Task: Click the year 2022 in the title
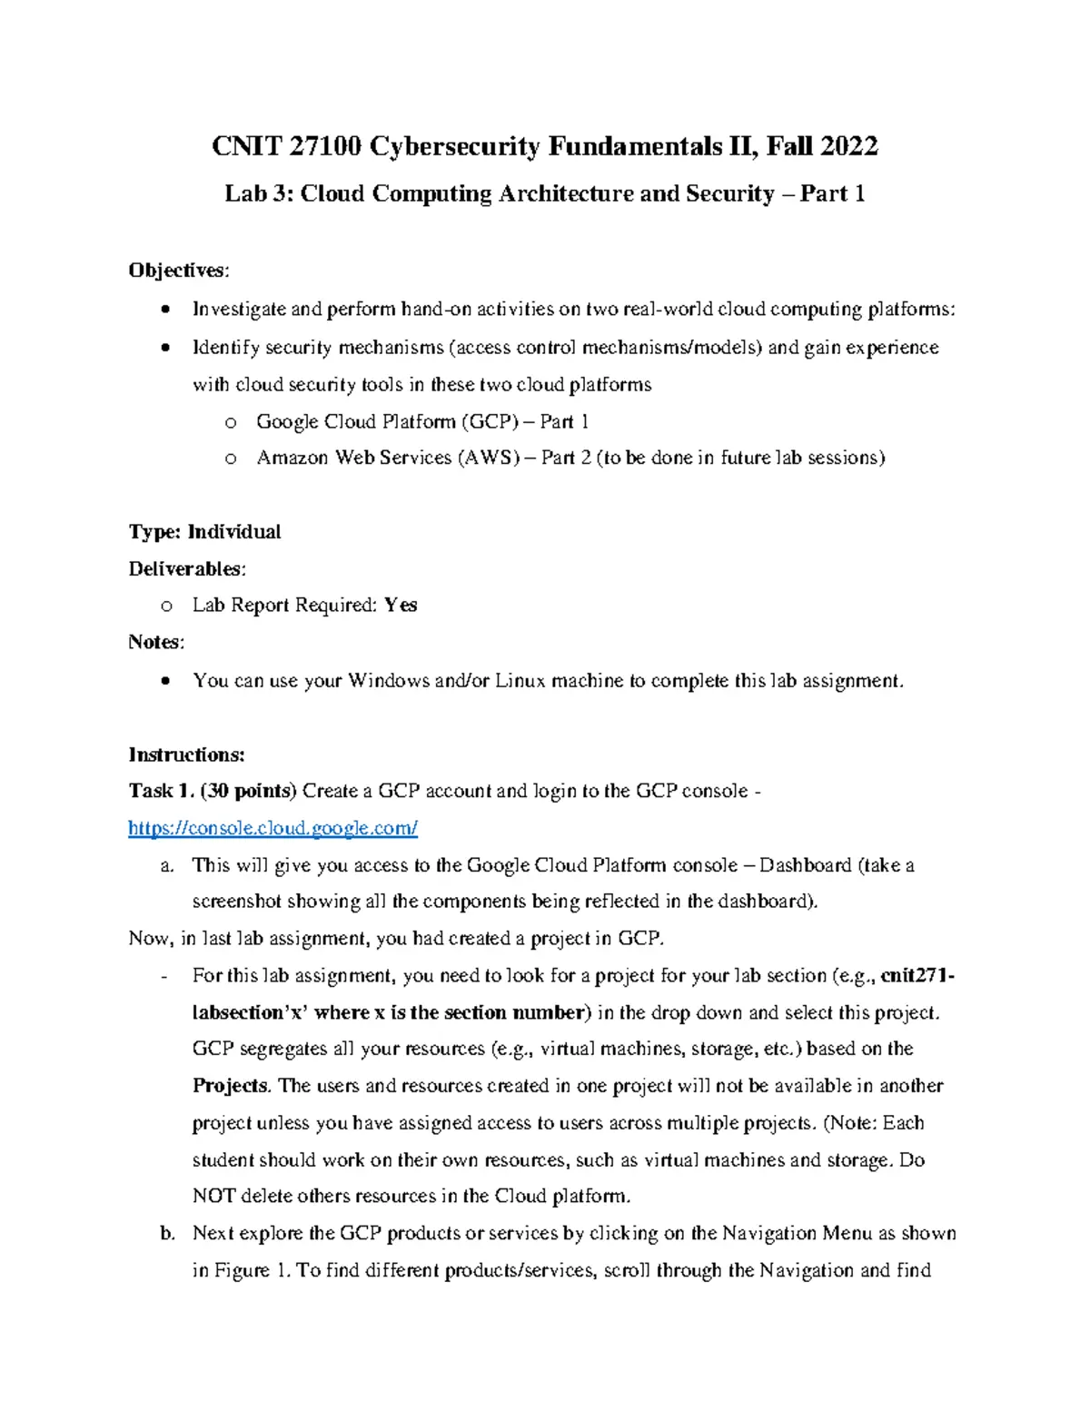coord(848,146)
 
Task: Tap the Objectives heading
coord(179,271)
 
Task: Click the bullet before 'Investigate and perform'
coord(163,310)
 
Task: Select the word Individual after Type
coord(234,532)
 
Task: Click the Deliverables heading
coord(186,569)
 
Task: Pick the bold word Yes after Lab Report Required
coord(401,606)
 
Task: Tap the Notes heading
coord(156,643)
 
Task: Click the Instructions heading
coord(186,754)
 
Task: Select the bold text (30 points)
coord(249,791)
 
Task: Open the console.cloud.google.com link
coord(272,828)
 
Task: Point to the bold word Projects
coord(231,1086)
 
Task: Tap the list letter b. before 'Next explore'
coord(166,1233)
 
